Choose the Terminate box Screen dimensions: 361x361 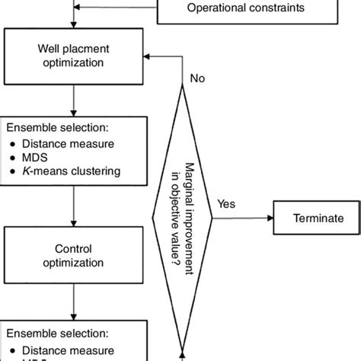(318, 218)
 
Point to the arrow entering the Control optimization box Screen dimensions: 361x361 (73, 209)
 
